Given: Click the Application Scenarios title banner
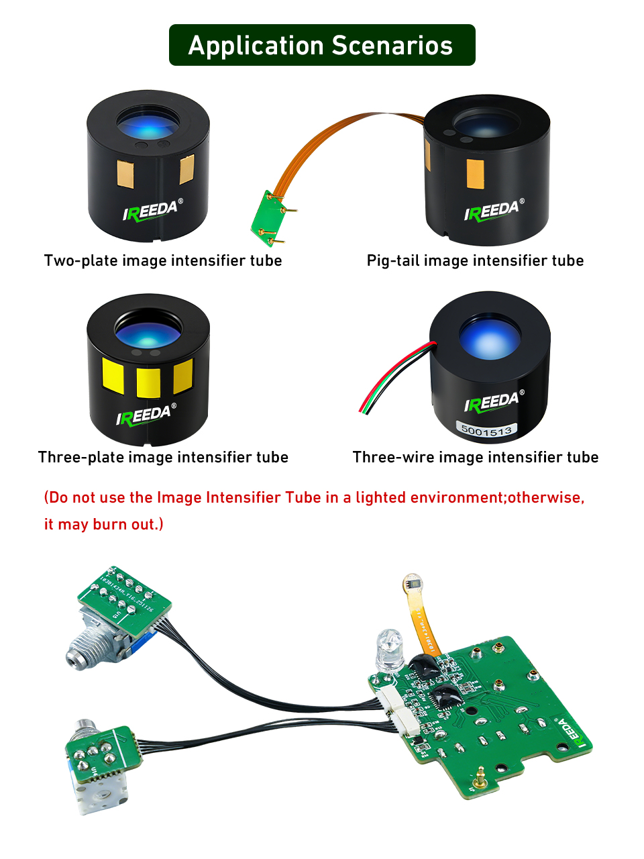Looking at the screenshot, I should point(322,45).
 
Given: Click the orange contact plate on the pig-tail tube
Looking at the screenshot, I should point(475,174).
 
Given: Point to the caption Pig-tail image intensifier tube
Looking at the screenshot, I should point(475,260).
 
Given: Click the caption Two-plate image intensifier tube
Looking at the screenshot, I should point(163,260).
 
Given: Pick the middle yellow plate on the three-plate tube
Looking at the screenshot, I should point(148,382).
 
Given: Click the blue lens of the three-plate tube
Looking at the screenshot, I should point(148,329).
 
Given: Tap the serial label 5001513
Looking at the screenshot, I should point(487,430).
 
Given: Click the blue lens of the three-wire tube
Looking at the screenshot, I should point(490,336).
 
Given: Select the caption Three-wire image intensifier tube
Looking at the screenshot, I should point(476,457).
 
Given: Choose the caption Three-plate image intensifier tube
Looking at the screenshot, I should point(163,457).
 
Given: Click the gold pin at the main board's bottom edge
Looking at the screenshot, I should point(478,780).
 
